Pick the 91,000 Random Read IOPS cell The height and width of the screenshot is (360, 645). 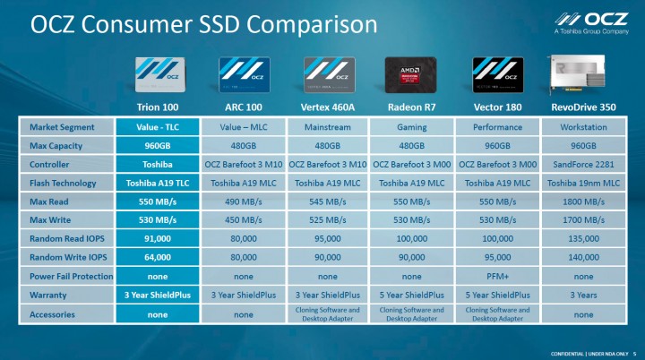(x=159, y=239)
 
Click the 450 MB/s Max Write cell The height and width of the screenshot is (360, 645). (x=245, y=220)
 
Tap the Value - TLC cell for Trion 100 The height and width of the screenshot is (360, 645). (x=159, y=127)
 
